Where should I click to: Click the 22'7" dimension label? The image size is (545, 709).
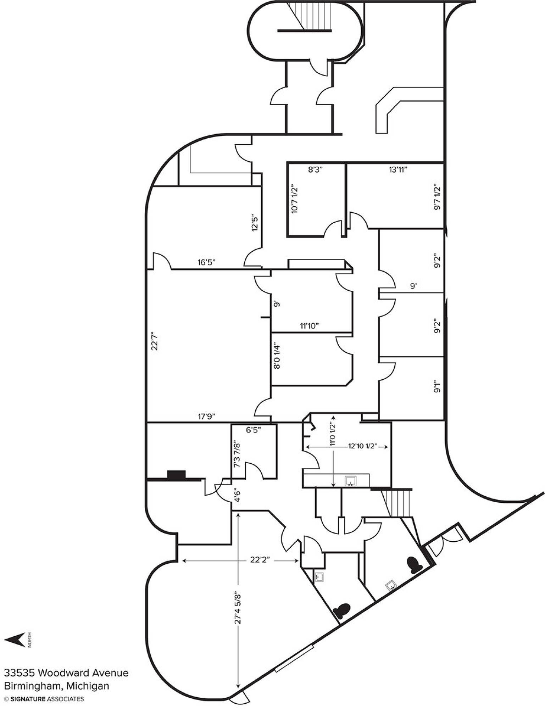tap(154, 341)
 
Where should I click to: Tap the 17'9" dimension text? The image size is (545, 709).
tap(207, 416)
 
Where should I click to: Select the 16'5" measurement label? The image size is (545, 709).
tap(207, 262)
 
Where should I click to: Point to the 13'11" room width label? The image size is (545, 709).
tap(397, 169)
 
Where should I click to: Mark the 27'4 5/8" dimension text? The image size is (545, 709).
tap(238, 608)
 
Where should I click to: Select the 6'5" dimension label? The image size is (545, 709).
tap(254, 430)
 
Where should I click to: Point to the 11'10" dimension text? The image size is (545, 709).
tap(310, 326)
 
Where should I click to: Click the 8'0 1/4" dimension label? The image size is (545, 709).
tap(277, 356)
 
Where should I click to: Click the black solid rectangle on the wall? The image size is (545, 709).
tap(176, 475)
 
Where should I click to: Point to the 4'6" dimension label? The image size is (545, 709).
tap(238, 495)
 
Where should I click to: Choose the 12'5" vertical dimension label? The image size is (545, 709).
tap(255, 223)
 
